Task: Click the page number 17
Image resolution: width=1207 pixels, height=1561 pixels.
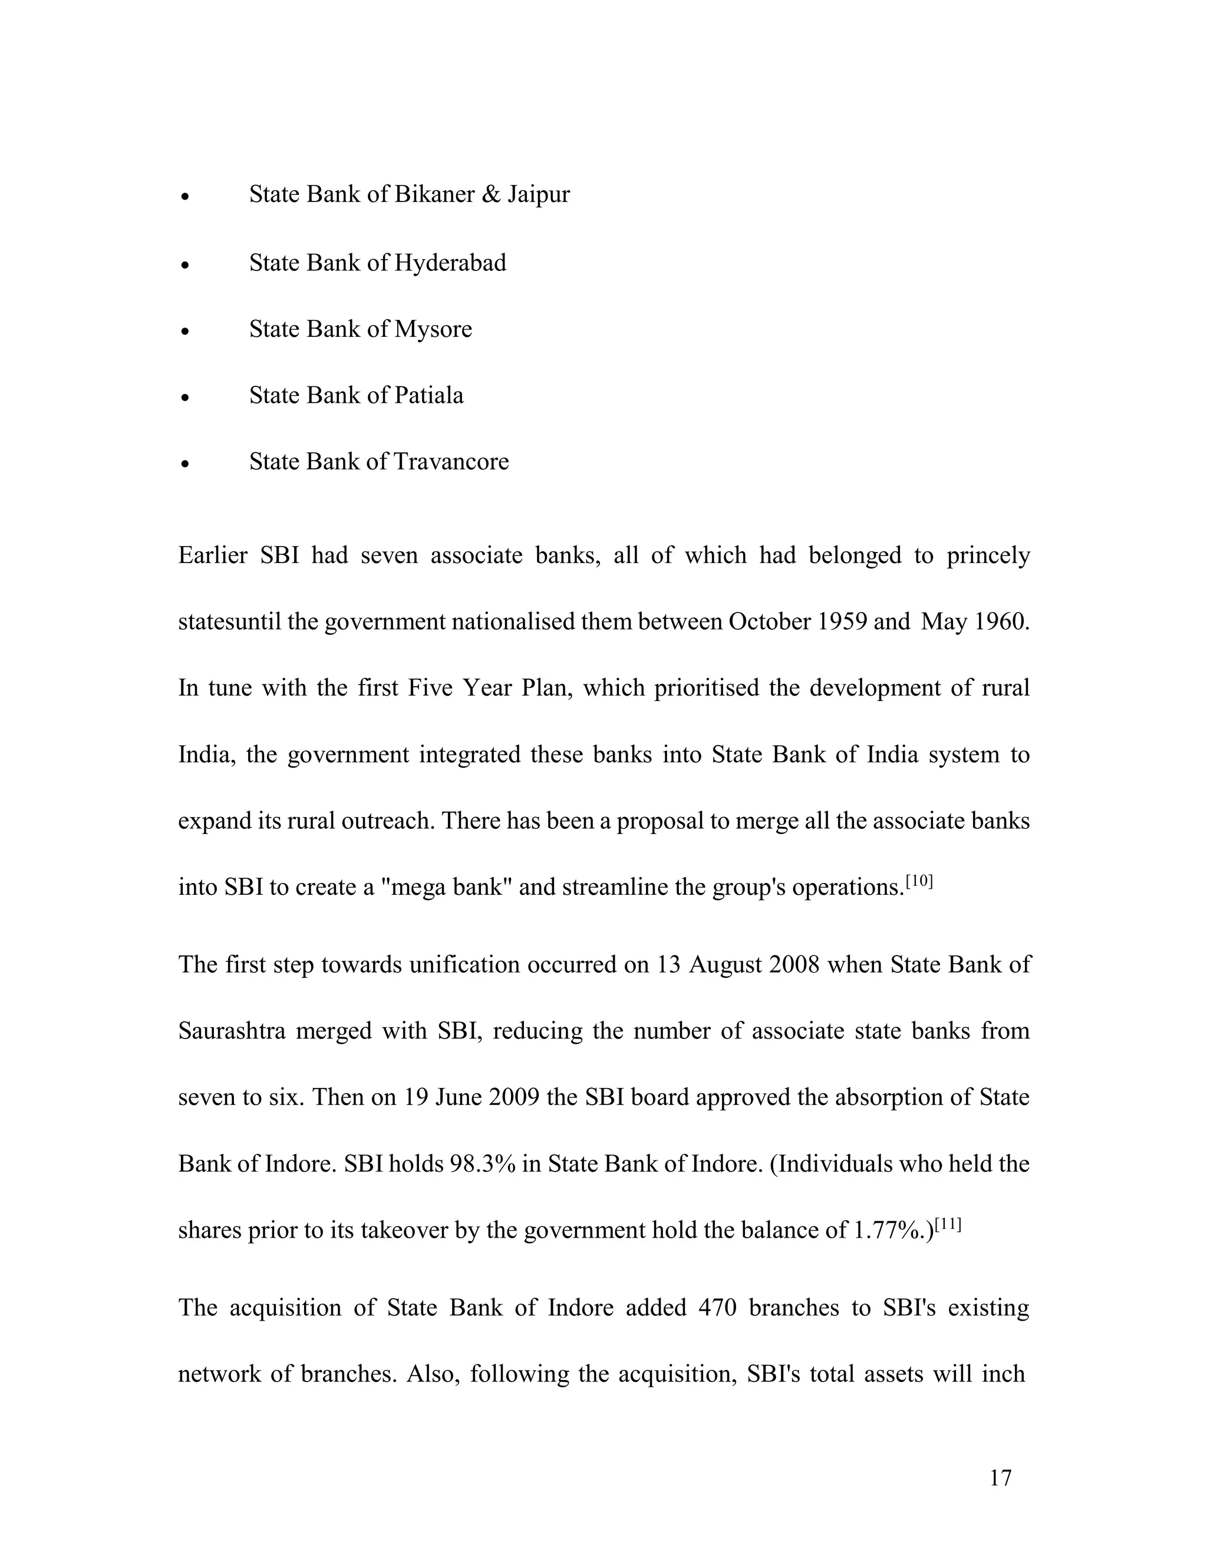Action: click(x=1000, y=1478)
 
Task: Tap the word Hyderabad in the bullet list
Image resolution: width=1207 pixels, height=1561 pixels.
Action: click(x=450, y=263)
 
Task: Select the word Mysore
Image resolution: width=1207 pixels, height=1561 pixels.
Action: click(x=433, y=329)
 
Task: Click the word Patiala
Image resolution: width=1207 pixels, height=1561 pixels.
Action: click(x=428, y=395)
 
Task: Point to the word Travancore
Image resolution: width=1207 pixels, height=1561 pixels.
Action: click(x=451, y=462)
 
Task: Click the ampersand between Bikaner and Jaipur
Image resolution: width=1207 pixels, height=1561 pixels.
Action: click(x=492, y=194)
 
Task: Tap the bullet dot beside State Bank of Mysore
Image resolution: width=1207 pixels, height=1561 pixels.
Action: click(x=185, y=332)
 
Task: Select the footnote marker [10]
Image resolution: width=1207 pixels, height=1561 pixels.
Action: click(x=919, y=881)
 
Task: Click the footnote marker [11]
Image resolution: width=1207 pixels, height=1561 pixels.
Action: click(x=948, y=1225)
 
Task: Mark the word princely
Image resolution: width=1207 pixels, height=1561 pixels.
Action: click(x=988, y=556)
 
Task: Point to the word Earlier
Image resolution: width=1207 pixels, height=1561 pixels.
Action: click(x=212, y=556)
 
